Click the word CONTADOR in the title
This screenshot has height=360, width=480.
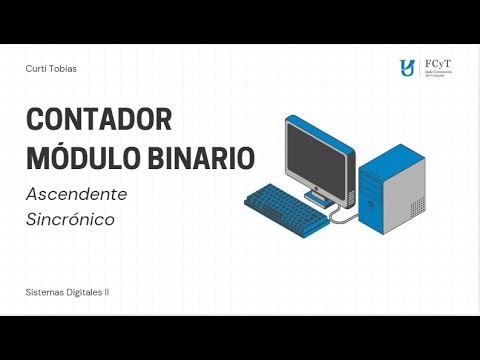[x=98, y=118]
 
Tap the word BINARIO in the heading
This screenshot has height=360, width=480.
[x=198, y=157]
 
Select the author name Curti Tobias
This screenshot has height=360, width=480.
[x=51, y=68]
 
